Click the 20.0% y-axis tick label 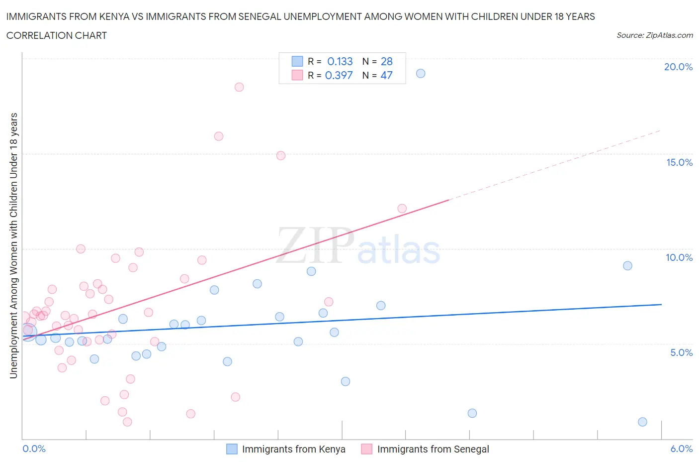(x=678, y=67)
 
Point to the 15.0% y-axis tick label (x=679, y=162)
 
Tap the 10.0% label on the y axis (x=679, y=257)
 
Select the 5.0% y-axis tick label (x=681, y=352)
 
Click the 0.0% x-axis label (x=34, y=449)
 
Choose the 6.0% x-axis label (x=681, y=449)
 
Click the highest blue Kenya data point (x=421, y=73)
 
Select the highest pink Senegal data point (x=239, y=87)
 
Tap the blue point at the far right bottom (x=642, y=422)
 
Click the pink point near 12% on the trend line (x=402, y=209)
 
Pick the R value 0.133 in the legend (x=340, y=61)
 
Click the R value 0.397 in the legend (x=339, y=75)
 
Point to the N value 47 (x=386, y=75)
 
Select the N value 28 (x=386, y=61)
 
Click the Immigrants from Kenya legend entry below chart (x=293, y=449)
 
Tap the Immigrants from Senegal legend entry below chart (x=433, y=449)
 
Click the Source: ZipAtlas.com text (x=654, y=35)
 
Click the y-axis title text (x=13, y=245)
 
